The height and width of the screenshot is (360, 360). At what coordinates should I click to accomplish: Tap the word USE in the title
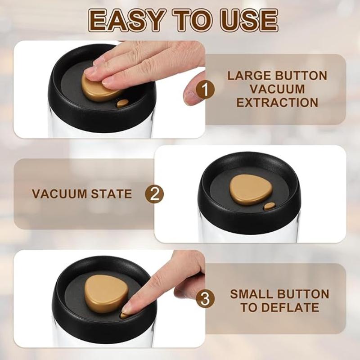click(245, 20)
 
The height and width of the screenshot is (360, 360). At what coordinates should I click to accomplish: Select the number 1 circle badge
click(206, 89)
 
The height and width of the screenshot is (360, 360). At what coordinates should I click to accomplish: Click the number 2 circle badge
click(154, 194)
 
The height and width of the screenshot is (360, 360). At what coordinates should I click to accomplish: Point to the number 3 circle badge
click(206, 299)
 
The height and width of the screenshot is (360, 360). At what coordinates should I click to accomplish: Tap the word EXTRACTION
click(277, 103)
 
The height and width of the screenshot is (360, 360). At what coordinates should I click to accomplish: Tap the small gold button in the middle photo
click(269, 207)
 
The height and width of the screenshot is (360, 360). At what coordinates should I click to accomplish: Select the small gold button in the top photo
click(122, 103)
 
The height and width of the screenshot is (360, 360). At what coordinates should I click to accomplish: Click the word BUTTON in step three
click(304, 294)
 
